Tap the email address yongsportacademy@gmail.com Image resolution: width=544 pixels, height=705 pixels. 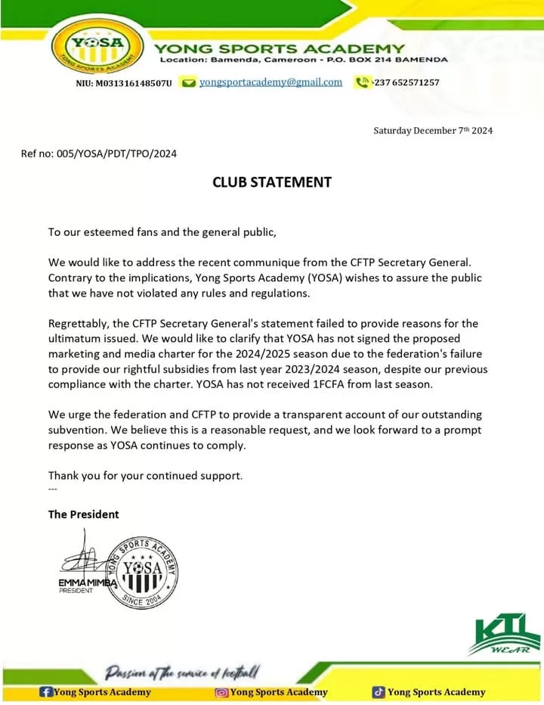tap(270, 82)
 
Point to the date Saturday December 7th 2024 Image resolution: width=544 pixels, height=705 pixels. tap(433, 130)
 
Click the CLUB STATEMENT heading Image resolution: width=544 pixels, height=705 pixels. tap(271, 182)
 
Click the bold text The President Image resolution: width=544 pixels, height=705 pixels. tap(83, 514)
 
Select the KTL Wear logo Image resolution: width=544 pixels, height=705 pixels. tap(504, 634)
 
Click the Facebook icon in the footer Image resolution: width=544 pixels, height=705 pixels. tap(45, 691)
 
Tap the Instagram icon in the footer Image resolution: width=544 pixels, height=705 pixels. tap(222, 691)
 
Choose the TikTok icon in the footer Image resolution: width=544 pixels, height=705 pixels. tap(379, 691)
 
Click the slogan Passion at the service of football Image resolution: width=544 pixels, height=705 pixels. tap(183, 671)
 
